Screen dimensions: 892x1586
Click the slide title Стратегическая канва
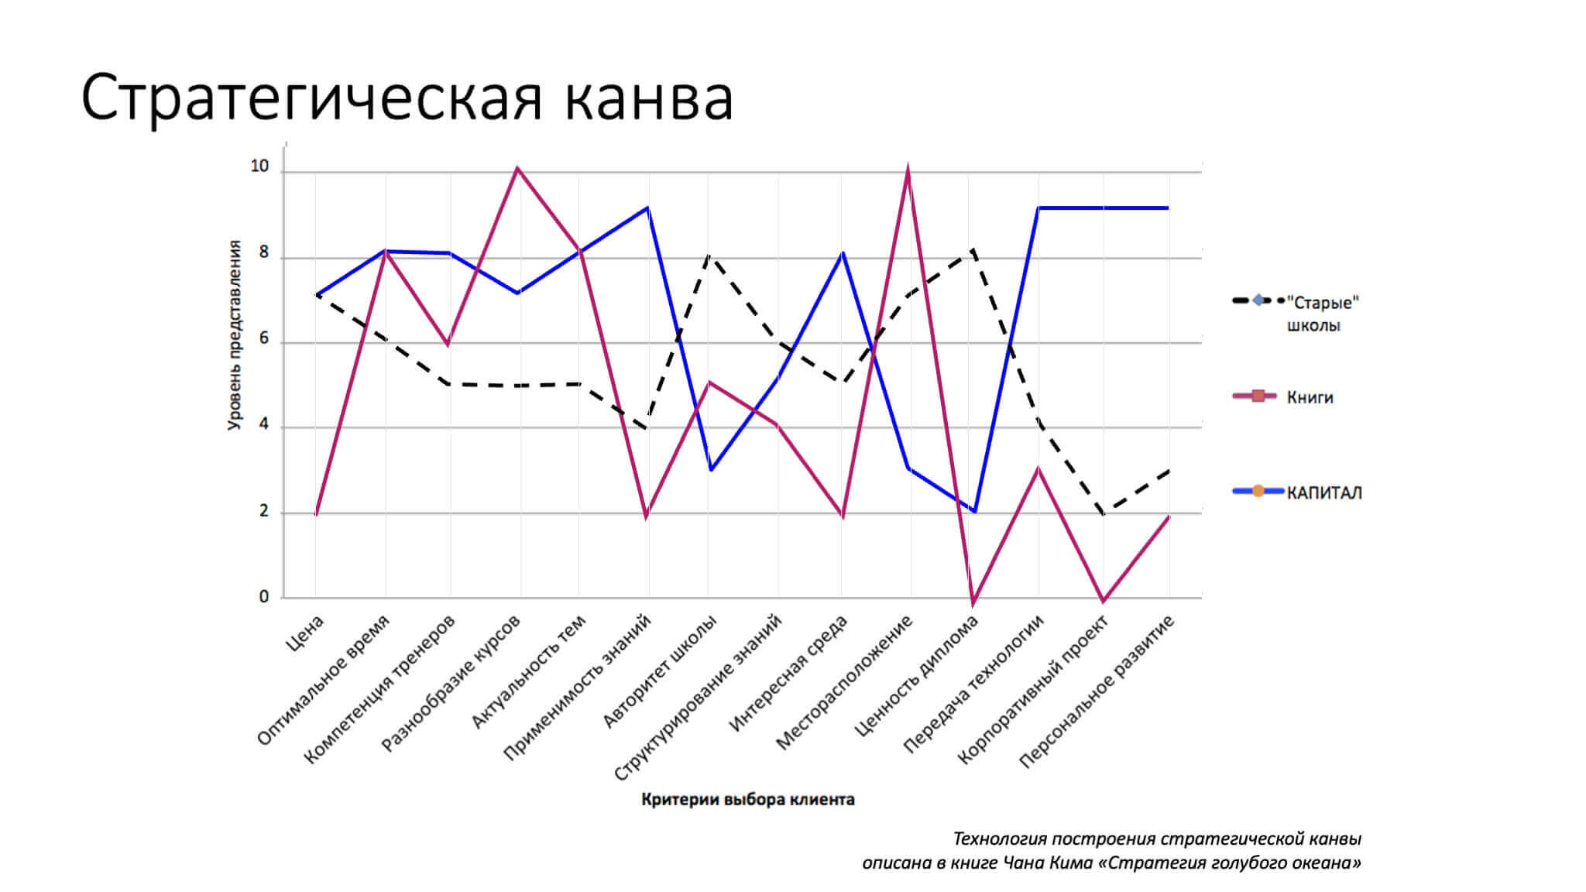click(x=407, y=98)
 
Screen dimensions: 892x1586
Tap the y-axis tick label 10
click(x=259, y=166)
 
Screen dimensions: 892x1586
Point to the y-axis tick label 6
click(x=264, y=338)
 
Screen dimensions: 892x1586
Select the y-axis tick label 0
click(x=264, y=597)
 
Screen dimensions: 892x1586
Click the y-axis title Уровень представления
click(x=235, y=334)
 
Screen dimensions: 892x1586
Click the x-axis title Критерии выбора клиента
click(x=747, y=800)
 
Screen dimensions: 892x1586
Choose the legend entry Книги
click(x=1310, y=397)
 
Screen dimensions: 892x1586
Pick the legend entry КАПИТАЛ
click(x=1323, y=492)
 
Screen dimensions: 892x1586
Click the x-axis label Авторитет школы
click(x=661, y=672)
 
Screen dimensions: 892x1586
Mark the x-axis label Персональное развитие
click(x=1097, y=691)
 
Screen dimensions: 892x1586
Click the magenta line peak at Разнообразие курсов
click(x=517, y=168)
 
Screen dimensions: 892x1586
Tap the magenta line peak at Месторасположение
click(x=908, y=170)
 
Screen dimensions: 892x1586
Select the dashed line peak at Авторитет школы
click(x=709, y=256)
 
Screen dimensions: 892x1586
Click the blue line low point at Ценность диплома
click(x=974, y=512)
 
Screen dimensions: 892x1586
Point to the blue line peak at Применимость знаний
click(x=647, y=208)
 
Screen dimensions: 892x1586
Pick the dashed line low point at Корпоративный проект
click(x=1103, y=513)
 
